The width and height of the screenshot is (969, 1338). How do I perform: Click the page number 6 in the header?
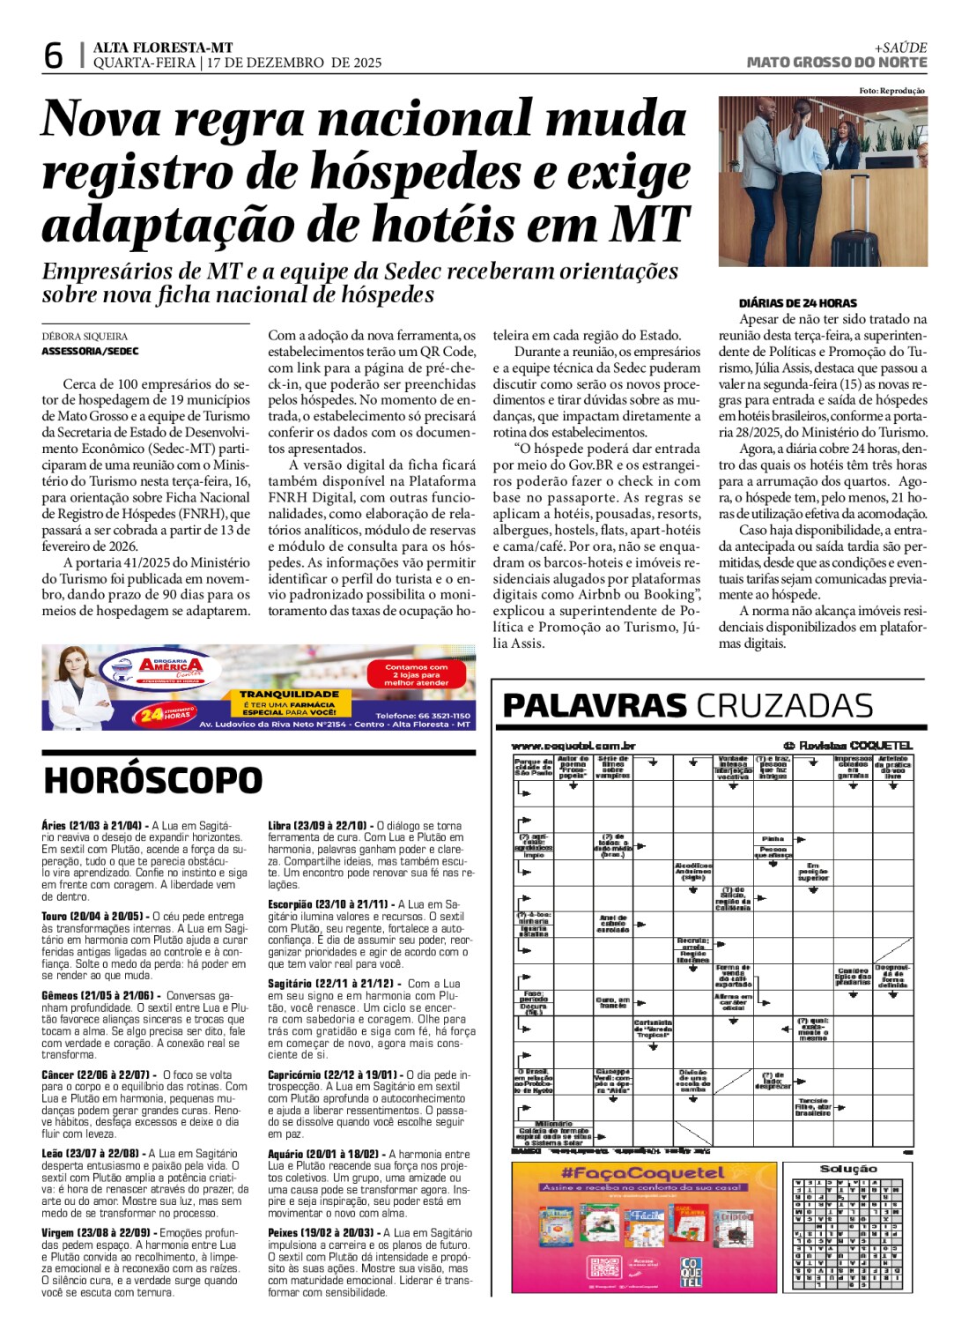pyautogui.click(x=53, y=56)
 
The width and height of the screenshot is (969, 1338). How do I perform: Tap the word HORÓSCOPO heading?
pyautogui.click(x=152, y=780)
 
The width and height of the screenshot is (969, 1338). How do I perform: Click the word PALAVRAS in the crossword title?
pyautogui.click(x=594, y=706)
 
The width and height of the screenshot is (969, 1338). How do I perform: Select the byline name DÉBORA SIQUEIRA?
pyautogui.click(x=85, y=336)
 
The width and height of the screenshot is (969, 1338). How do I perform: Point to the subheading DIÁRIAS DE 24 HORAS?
pyautogui.click(x=785, y=302)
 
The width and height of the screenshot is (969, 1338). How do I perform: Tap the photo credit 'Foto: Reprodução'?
pyautogui.click(x=891, y=91)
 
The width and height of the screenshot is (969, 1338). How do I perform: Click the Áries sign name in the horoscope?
pyautogui.click(x=54, y=826)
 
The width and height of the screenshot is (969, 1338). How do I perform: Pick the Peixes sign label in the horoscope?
pyautogui.click(x=284, y=1233)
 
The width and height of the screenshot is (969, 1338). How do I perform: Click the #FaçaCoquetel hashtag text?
pyautogui.click(x=643, y=1173)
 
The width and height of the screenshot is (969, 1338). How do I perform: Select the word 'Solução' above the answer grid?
pyautogui.click(x=848, y=1169)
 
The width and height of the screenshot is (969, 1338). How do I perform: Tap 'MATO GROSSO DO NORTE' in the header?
pyautogui.click(x=836, y=63)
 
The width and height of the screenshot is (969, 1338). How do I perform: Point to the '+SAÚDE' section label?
pyautogui.click(x=900, y=48)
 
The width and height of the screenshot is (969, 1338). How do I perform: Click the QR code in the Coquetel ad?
pyautogui.click(x=605, y=1267)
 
